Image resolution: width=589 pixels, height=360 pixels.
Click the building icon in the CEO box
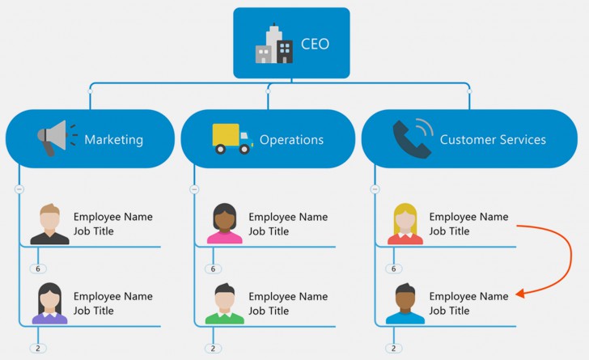(273, 44)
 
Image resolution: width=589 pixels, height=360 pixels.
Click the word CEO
(315, 44)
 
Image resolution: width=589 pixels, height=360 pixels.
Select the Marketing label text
(113, 139)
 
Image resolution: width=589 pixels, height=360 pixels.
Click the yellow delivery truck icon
(231, 139)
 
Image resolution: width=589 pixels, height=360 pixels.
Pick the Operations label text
(291, 139)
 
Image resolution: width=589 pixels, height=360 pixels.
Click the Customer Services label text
(492, 139)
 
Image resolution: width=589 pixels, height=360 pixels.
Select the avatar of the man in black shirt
(50, 224)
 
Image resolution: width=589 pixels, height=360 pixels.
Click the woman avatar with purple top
(50, 303)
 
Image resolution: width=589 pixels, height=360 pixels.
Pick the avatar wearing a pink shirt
(224, 224)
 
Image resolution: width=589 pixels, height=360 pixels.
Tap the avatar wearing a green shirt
(224, 303)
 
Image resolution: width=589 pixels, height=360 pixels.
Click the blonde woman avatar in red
(405, 224)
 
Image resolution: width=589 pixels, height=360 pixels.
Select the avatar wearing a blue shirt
(405, 303)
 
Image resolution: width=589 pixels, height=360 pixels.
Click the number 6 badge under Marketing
(37, 269)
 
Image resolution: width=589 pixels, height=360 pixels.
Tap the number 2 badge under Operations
(213, 349)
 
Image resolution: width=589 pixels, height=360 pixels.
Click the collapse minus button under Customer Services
(375, 189)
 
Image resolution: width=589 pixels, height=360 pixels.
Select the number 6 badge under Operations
(214, 269)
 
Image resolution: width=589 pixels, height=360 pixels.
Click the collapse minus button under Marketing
(19, 189)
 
